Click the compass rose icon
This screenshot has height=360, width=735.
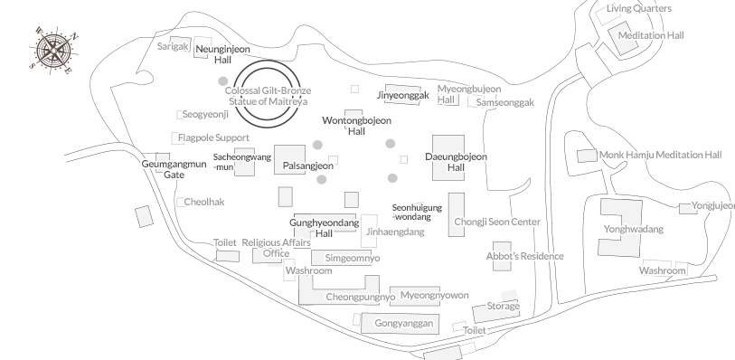tap(55, 49)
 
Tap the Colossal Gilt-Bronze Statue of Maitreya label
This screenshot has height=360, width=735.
tap(268, 96)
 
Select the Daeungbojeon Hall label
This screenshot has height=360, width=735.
tap(456, 163)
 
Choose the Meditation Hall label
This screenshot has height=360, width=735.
tap(651, 36)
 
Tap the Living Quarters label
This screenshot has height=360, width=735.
tap(639, 9)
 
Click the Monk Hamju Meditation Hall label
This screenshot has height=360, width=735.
tap(661, 156)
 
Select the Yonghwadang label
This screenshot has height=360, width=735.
tap(634, 230)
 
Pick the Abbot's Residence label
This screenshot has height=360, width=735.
tap(524, 257)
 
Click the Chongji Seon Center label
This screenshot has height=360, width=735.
tap(497, 223)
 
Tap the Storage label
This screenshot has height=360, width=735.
tap(503, 307)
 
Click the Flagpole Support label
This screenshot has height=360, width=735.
tap(213, 138)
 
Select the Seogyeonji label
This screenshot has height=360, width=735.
tap(206, 115)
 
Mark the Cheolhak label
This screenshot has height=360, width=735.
tap(203, 202)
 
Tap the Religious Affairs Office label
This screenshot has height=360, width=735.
tap(276, 248)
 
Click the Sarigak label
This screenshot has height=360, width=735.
tap(173, 45)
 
